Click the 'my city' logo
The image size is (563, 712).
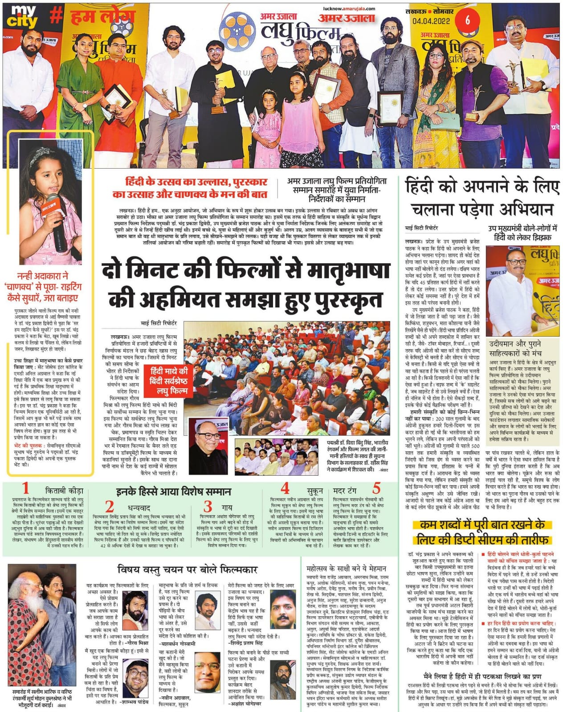(x=24, y=16)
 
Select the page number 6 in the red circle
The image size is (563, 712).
(x=467, y=20)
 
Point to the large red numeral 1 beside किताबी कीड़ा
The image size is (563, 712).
(x=25, y=489)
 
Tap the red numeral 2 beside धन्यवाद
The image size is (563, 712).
(x=110, y=507)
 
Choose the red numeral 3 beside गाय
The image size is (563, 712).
(x=208, y=506)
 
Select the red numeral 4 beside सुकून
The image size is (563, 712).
(x=285, y=489)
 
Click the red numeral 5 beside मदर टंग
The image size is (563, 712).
(x=376, y=489)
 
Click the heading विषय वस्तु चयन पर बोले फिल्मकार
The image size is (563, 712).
(x=188, y=569)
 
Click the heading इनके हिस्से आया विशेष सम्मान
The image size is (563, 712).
(x=173, y=492)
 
